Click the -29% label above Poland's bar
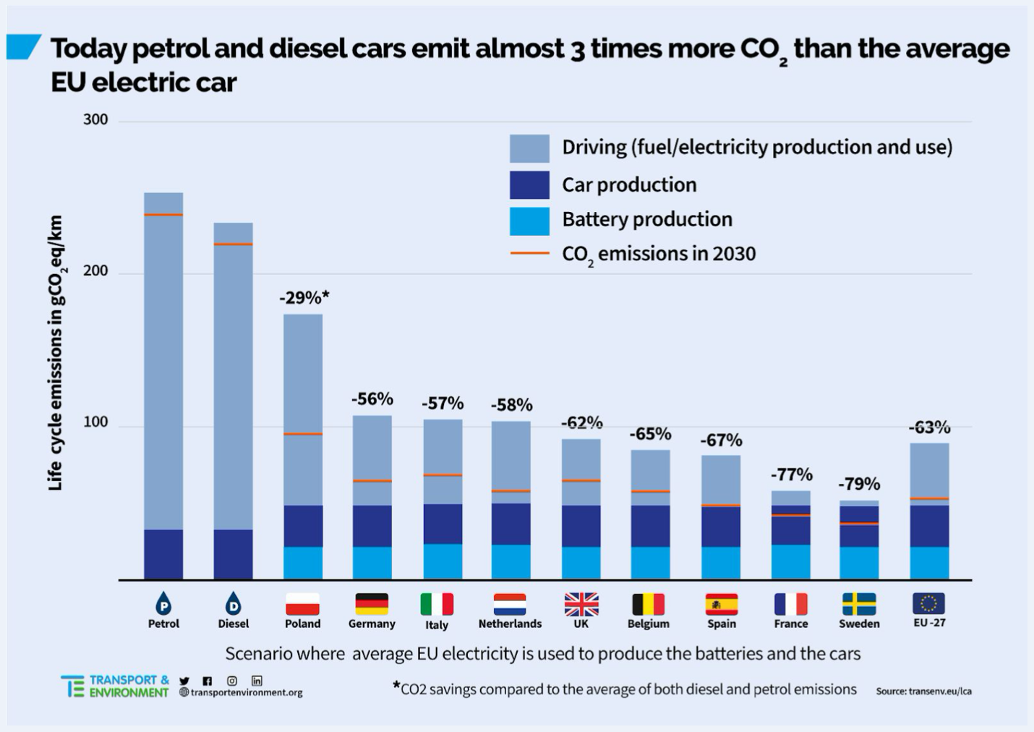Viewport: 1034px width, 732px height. click(304, 297)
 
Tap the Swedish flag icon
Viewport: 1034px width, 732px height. click(859, 603)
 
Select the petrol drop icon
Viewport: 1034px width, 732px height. click(163, 603)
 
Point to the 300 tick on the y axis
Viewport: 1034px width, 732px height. click(95, 120)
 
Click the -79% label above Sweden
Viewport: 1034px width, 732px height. click(859, 484)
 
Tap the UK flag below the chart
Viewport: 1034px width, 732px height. click(581, 603)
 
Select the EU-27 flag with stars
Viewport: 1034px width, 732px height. click(928, 603)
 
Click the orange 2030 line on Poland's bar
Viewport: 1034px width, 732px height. click(303, 434)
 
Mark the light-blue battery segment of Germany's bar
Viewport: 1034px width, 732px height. click(372, 563)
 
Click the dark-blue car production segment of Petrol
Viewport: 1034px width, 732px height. click(163, 554)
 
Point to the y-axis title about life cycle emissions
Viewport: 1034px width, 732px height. click(55, 353)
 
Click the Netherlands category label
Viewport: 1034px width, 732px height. click(510, 624)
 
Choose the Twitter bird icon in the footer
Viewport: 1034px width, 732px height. click(184, 681)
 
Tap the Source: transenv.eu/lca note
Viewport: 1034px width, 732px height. click(923, 691)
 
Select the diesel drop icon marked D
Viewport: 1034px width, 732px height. click(233, 603)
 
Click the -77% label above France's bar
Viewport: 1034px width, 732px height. click(791, 474)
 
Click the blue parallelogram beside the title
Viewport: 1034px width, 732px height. click(23, 47)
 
